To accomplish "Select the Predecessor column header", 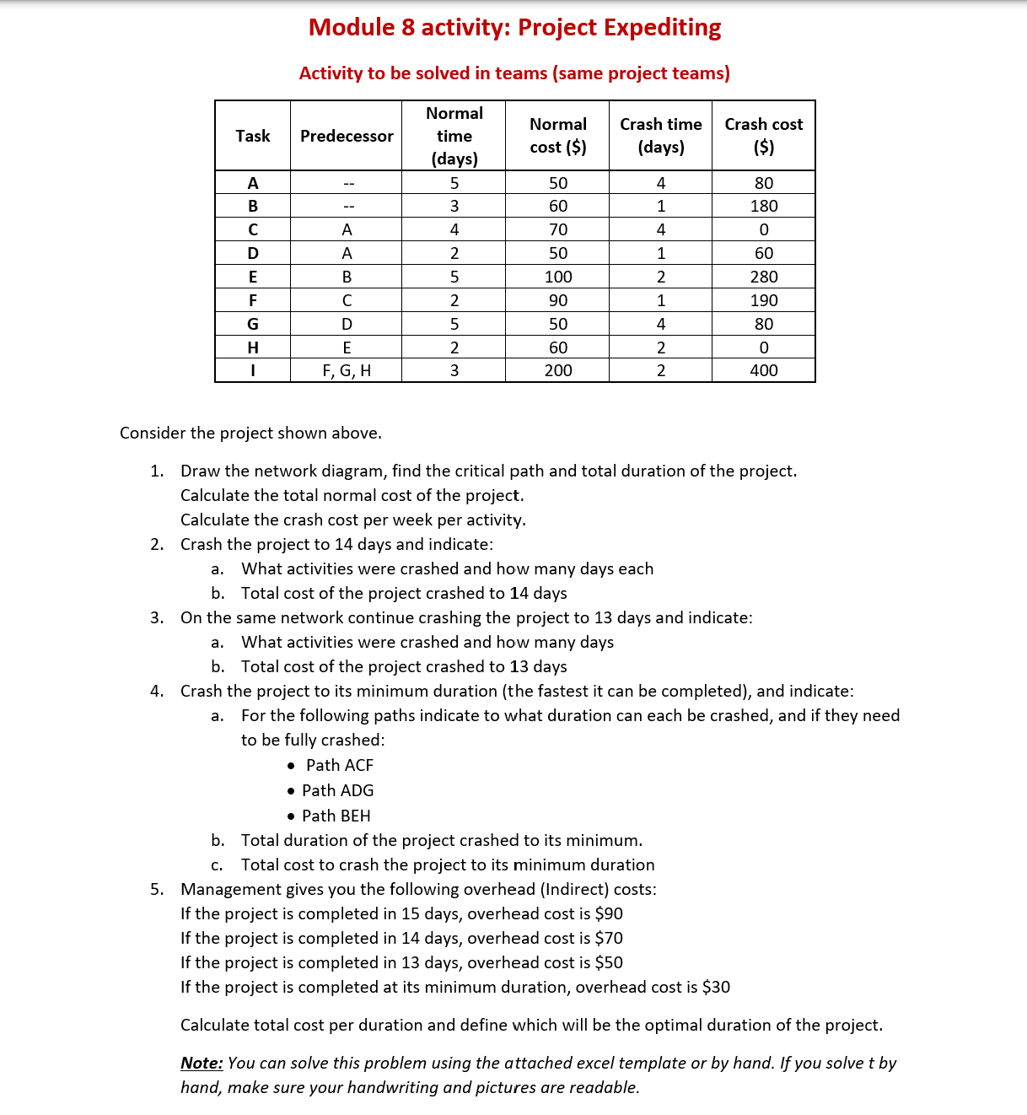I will tap(347, 136).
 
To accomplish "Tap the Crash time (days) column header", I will tap(660, 136).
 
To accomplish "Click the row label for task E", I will tap(252, 277).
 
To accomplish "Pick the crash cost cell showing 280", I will tap(763, 277).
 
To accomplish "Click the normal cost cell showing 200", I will tap(557, 370).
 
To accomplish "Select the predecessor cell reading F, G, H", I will tap(347, 370).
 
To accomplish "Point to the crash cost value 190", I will tap(763, 300).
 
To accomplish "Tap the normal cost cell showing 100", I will tap(557, 277).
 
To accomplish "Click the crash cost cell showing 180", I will tap(763, 206).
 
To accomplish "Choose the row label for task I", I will tap(252, 370).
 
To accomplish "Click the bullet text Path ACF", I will tap(339, 765).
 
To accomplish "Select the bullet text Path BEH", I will tap(336, 816).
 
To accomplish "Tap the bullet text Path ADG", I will tap(337, 790).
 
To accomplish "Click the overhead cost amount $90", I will tap(608, 913).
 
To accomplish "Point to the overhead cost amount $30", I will tap(715, 987).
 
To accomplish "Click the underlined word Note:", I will tap(202, 1063).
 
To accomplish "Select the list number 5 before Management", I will tap(156, 889).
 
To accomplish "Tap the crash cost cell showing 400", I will tap(763, 370).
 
